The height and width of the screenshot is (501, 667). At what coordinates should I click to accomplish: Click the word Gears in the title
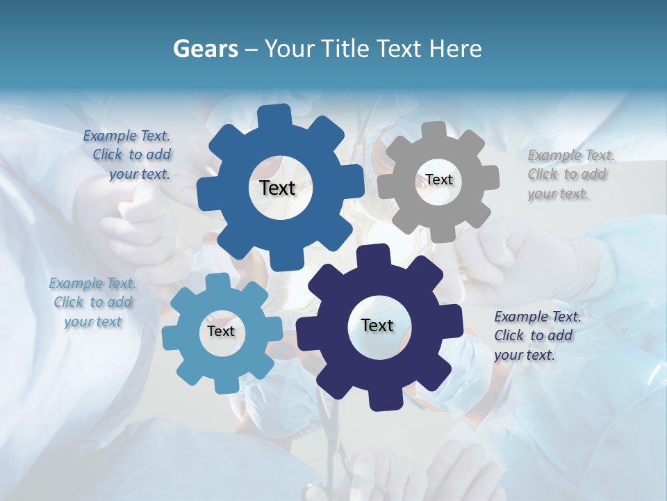[x=205, y=49]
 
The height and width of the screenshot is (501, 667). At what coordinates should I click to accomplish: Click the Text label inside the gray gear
[x=439, y=180]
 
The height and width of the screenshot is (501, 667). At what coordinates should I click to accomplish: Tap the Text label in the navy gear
[x=377, y=326]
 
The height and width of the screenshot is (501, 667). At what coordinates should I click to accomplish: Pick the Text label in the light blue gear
[x=221, y=332]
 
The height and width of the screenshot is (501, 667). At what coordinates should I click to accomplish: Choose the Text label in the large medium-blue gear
[x=278, y=188]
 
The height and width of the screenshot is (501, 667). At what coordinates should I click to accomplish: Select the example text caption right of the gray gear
[x=570, y=174]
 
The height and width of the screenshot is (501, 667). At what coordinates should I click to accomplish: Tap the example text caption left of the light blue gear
[x=93, y=303]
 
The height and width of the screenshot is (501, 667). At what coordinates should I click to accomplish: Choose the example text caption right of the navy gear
[x=536, y=335]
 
